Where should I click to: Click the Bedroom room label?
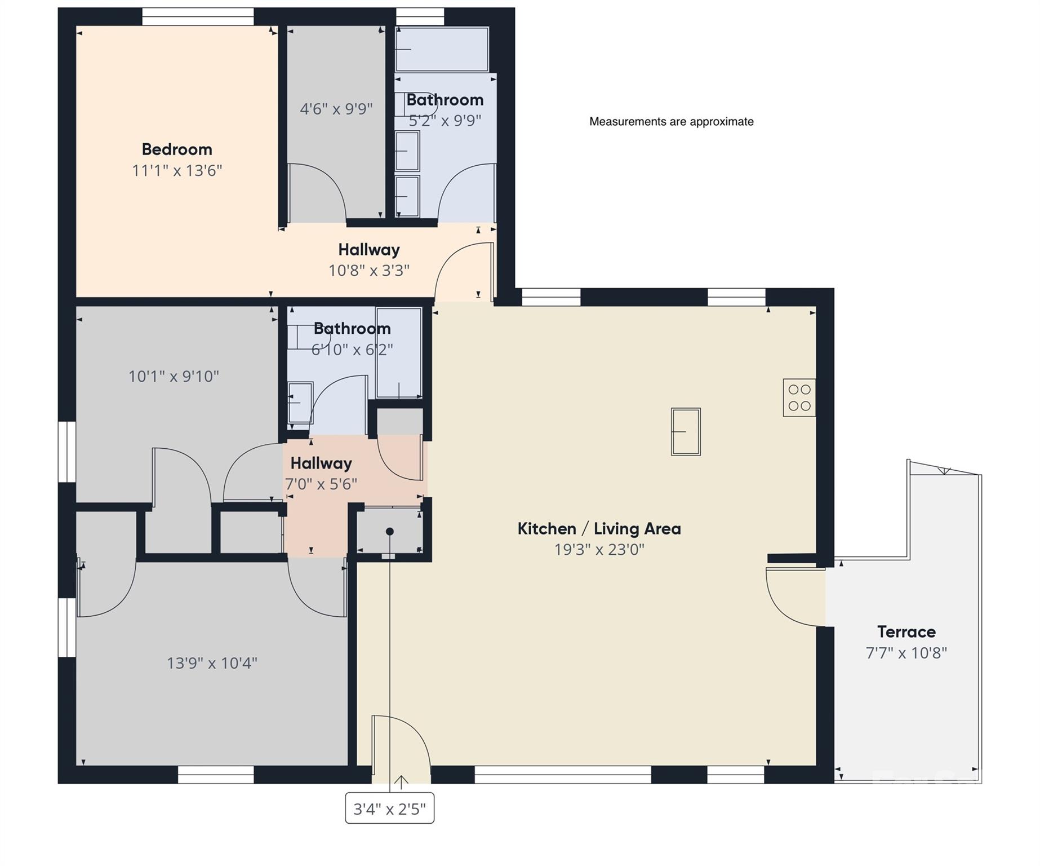(x=177, y=149)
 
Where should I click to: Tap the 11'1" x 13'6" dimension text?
(x=177, y=170)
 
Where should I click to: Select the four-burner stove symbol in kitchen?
(x=799, y=397)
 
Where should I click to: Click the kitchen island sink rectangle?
(x=686, y=431)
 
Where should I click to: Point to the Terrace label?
(x=906, y=631)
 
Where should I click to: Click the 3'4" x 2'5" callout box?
(x=389, y=809)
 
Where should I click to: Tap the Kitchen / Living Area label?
(x=599, y=529)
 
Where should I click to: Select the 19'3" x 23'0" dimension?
(x=599, y=549)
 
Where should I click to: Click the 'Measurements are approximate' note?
(x=671, y=122)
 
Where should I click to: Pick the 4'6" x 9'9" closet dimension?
(x=336, y=109)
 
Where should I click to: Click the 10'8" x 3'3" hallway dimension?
(x=369, y=271)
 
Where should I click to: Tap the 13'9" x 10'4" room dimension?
(x=212, y=663)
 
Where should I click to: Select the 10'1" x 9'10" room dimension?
(x=174, y=376)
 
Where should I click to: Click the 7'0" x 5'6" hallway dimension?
(x=321, y=484)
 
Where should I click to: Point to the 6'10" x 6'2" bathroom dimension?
(x=352, y=350)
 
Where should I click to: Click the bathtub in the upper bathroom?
(x=442, y=50)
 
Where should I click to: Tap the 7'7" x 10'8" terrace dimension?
(x=906, y=653)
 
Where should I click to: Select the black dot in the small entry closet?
(x=389, y=532)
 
